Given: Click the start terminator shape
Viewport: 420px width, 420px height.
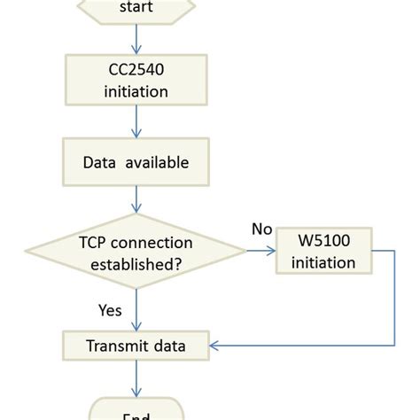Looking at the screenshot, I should [x=136, y=9].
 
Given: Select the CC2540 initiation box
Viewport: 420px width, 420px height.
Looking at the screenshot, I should [x=136, y=79].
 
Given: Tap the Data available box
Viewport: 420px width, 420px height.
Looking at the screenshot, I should [x=136, y=163].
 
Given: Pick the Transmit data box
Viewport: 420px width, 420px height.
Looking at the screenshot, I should [x=136, y=346].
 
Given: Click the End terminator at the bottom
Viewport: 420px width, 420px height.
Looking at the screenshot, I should [x=136, y=409].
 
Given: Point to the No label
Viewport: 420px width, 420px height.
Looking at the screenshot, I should [x=261, y=229].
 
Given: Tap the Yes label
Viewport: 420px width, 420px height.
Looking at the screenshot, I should [x=110, y=309].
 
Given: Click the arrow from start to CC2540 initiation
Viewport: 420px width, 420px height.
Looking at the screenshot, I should [x=136, y=38].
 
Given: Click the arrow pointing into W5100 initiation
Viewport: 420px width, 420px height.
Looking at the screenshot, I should [x=262, y=251].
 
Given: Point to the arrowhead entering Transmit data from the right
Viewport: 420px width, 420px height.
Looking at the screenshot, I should [x=215, y=346].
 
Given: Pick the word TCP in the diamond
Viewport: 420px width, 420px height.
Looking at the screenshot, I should [x=91, y=240].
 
